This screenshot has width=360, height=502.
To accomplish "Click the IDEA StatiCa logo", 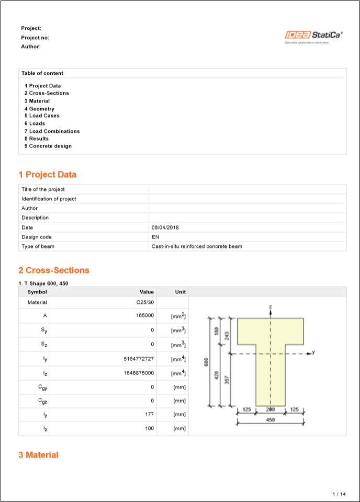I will click(x=313, y=36).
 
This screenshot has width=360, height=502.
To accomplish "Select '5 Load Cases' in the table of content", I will click(x=42, y=116).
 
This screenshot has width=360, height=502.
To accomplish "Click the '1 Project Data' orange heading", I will click(x=48, y=175).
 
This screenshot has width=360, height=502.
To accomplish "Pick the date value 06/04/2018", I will click(x=165, y=227).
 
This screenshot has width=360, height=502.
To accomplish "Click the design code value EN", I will click(x=155, y=236).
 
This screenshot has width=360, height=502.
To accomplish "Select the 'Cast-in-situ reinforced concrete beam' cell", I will click(x=197, y=246).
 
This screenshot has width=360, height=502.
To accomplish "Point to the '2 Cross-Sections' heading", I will click(x=54, y=270).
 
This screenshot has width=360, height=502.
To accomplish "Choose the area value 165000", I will click(x=145, y=316).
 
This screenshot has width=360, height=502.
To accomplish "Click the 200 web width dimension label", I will click(x=271, y=409).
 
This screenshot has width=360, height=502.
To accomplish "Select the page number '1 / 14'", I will click(x=339, y=494).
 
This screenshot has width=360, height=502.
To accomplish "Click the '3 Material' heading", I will click(x=38, y=455).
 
